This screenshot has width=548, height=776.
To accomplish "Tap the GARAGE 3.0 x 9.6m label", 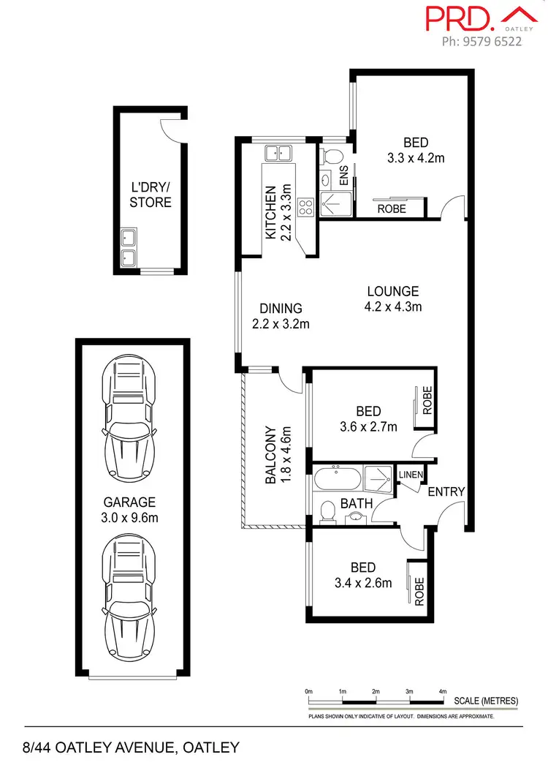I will point(129,510).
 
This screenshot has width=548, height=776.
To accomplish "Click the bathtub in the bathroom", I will point(337,479).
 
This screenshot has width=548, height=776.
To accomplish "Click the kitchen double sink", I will point(278,153).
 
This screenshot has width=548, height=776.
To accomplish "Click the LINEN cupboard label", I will point(411,475).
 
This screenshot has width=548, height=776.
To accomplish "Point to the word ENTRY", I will point(446,492).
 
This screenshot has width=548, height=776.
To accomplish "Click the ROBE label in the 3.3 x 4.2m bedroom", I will point(392,208).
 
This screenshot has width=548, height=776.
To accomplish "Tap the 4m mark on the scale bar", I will point(442,691).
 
